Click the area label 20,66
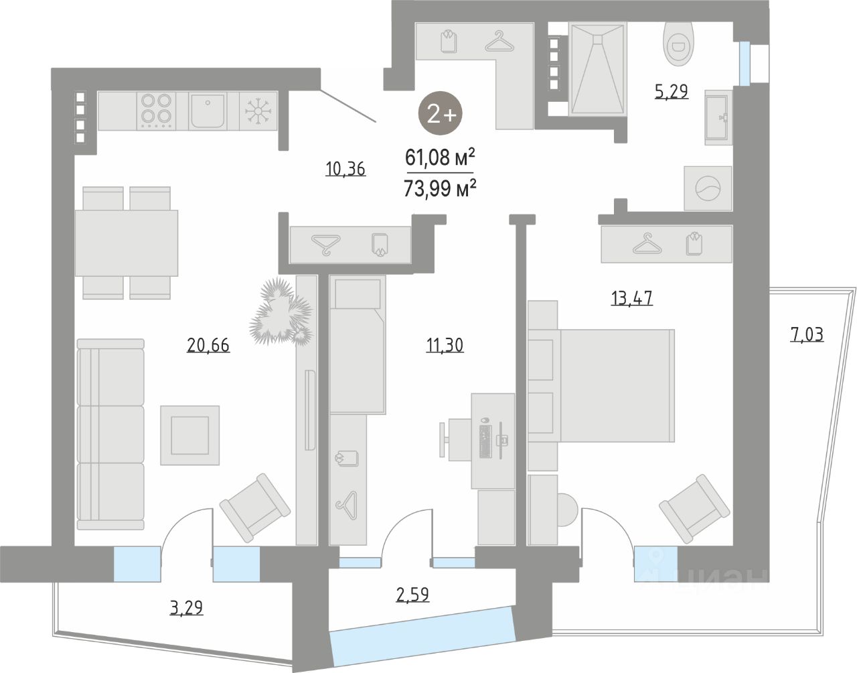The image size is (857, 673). point(208,345)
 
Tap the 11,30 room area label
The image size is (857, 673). point(445,345)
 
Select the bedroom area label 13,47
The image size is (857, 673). point(631,298)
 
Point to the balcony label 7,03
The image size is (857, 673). point(807,334)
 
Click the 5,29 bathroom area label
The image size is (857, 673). point(671,91)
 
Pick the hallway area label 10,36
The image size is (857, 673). point(345,169)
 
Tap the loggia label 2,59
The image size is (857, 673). point(412,594)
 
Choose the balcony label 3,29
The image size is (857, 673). point(186,608)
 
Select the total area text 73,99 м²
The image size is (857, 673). point(440,189)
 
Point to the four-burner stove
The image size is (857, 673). point(155,111)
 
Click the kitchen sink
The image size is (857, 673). point(208,111)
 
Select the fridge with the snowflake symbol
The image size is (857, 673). point(255,111)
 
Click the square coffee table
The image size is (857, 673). point(190,435)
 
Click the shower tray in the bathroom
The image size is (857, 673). point(597,69)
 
